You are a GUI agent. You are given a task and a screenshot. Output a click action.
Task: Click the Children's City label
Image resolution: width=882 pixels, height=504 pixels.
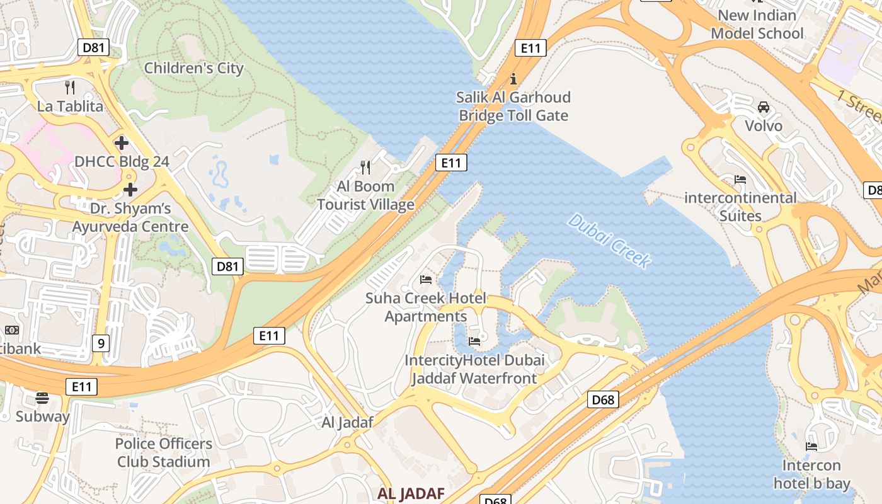pos(193,68)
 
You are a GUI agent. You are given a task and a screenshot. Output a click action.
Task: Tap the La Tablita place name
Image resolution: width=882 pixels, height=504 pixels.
pos(70,106)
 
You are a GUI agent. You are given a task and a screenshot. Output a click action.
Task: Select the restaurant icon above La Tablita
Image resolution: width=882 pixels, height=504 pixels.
pos(70,87)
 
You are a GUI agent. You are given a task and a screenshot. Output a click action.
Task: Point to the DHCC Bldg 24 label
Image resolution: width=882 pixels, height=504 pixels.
pos(122,162)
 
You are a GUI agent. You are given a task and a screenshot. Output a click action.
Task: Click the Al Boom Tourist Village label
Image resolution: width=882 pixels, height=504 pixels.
pos(365,195)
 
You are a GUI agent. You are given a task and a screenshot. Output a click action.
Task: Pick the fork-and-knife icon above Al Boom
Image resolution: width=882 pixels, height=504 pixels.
pos(365,167)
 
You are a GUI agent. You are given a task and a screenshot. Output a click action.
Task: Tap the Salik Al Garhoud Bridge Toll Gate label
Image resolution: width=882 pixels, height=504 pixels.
pos(513,106)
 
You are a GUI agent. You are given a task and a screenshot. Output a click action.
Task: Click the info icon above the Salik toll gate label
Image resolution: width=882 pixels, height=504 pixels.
pos(513,79)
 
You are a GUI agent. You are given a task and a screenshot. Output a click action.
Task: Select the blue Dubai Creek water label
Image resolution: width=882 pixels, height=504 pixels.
pos(609,241)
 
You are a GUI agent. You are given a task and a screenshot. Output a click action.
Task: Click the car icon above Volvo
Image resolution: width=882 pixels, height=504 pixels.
pos(764,107)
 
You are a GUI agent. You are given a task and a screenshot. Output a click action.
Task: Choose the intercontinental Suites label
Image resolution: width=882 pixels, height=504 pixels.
pos(740,207)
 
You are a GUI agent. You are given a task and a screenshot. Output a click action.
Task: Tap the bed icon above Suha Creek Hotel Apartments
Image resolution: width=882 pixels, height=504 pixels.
pos(426,279)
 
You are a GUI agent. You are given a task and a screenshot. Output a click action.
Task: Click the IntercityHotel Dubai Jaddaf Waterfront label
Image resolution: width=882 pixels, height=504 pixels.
pos(474,369)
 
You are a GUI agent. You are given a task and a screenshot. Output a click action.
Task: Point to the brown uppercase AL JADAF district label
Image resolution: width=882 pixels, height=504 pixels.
pos(411,493)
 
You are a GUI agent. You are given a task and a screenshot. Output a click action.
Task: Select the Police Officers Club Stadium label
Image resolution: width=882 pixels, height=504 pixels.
pos(163,452)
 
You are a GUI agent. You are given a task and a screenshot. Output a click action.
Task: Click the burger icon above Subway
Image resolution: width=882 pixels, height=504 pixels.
pos(42,398)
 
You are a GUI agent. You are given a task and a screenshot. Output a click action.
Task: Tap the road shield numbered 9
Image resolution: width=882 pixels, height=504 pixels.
pos(100,343)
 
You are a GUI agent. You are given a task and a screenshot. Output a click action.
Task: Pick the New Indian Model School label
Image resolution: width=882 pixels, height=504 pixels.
pos(757,24)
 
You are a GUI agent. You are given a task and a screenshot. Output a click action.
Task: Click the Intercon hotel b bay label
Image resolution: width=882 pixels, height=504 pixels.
pos(811,474)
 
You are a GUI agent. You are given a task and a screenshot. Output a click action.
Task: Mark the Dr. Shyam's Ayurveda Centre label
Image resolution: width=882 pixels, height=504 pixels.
pos(130,217)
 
